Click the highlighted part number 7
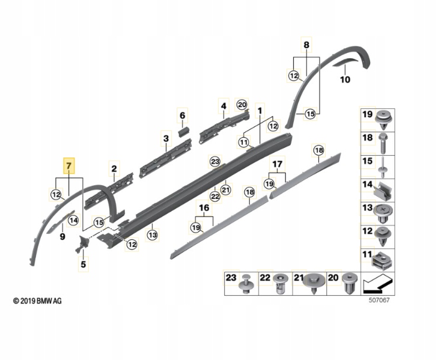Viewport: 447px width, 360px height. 68,165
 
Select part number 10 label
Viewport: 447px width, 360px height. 345,79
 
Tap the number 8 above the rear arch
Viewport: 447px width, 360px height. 306,45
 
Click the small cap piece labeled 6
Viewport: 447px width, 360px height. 184,133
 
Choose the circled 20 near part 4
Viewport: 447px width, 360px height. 242,105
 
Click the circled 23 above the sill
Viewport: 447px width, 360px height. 215,162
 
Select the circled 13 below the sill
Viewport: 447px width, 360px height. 152,235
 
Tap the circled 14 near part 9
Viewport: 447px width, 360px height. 73,220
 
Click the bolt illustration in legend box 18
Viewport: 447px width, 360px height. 382,143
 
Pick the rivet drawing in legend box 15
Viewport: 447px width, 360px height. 382,167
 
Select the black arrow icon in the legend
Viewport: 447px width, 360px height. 378,284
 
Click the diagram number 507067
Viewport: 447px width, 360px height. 379,301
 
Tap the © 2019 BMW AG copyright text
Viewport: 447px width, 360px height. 37,301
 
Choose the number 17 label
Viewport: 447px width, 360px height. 278,164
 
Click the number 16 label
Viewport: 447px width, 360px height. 204,208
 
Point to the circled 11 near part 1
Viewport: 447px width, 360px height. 244,142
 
